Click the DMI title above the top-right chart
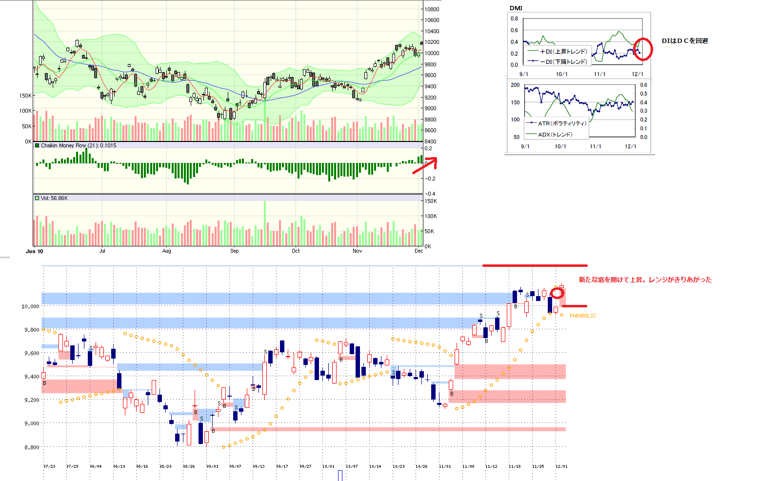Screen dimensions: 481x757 click(x=516, y=8)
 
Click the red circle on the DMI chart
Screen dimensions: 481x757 click(x=643, y=49)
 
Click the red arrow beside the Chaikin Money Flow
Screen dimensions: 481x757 click(x=424, y=165)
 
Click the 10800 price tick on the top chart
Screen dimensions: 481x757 click(x=432, y=9)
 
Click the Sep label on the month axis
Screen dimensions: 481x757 click(x=235, y=251)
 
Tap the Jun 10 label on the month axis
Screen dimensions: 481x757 click(x=34, y=251)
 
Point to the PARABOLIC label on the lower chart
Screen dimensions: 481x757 click(x=583, y=316)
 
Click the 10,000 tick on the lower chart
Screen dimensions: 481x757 click(x=30, y=306)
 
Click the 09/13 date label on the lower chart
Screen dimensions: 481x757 click(x=259, y=466)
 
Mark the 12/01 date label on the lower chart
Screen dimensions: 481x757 click(x=561, y=466)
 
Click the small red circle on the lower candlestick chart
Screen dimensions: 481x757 click(x=558, y=293)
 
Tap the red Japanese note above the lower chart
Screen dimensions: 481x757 click(x=645, y=280)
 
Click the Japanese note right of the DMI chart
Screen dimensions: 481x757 click(x=684, y=41)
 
